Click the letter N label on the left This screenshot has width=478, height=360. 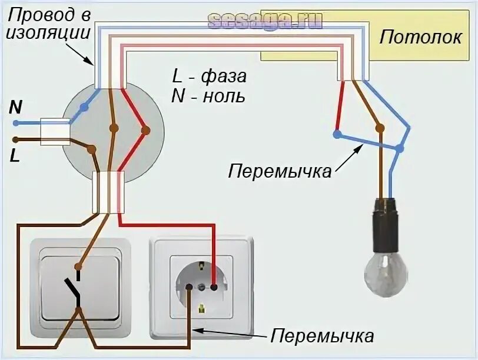coord(16,108)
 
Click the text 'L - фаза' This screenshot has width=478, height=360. coord(209,77)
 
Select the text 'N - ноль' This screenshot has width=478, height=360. coord(208,96)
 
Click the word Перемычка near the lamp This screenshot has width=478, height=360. coord(280,172)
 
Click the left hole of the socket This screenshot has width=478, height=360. coord(189,287)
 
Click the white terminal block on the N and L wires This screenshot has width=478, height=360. coord(55,132)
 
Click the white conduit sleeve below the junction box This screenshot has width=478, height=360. coord(109,192)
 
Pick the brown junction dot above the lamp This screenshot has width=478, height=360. coord(380,128)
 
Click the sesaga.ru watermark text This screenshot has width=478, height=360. coord(265,21)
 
